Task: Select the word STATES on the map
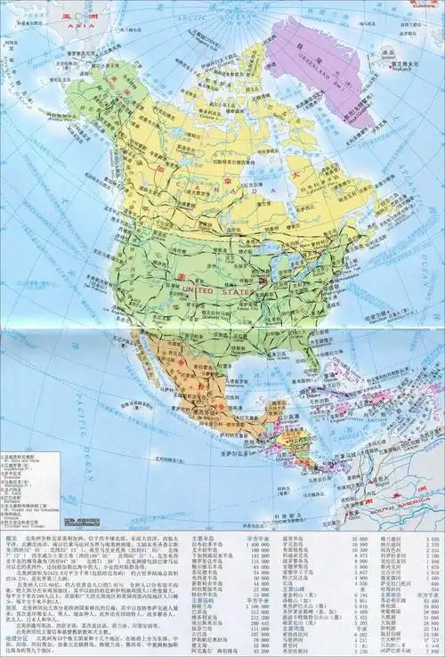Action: tap(239, 291)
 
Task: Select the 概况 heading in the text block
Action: tap(11, 539)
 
